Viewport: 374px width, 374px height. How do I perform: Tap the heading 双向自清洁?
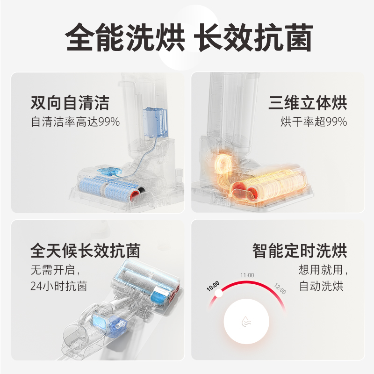coord(69,102)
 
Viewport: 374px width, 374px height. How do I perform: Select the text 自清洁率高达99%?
coord(75,122)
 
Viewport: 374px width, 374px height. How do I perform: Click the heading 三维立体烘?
coord(308,102)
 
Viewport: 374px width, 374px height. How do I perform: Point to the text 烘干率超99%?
coord(314,122)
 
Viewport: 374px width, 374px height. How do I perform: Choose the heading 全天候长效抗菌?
coord(85,251)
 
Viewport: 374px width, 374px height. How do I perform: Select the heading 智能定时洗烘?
coord(300,251)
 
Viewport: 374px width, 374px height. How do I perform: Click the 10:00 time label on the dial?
coord(213,284)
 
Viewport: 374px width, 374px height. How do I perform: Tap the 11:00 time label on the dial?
coord(247,275)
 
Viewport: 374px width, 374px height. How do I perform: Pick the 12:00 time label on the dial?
coord(280,288)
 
